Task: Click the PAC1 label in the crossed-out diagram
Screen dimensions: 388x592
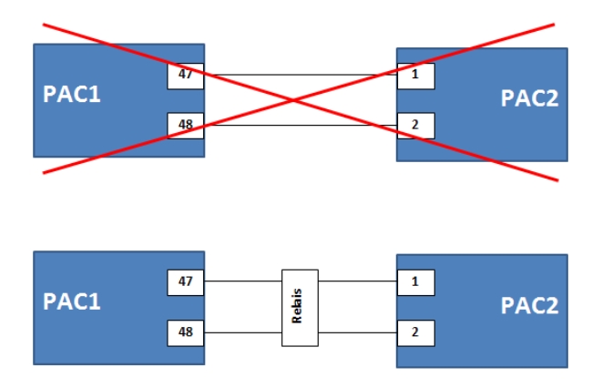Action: click(x=71, y=94)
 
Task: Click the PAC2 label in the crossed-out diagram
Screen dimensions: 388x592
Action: click(x=529, y=99)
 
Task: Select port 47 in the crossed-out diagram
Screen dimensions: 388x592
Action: click(x=186, y=75)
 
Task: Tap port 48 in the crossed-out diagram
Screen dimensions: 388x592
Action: click(x=186, y=125)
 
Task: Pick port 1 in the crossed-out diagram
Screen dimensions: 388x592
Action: click(x=415, y=75)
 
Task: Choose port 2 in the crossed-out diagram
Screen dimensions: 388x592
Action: click(x=415, y=125)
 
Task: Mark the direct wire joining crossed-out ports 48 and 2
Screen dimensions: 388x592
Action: click(x=346, y=125)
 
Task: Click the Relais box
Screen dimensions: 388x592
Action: click(x=301, y=307)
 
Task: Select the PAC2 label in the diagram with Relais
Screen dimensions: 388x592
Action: click(x=529, y=307)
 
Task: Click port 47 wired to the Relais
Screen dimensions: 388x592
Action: click(x=186, y=282)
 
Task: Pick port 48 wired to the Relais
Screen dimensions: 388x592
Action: click(x=186, y=332)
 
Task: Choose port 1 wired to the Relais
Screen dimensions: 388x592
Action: click(x=415, y=282)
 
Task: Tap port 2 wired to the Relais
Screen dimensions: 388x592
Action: click(x=415, y=332)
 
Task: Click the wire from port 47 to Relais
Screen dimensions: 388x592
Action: click(x=243, y=282)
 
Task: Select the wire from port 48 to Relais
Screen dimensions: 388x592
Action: click(x=243, y=332)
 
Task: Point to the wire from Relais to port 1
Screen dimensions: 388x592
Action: click(x=358, y=282)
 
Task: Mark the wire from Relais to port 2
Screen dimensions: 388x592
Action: click(x=358, y=332)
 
